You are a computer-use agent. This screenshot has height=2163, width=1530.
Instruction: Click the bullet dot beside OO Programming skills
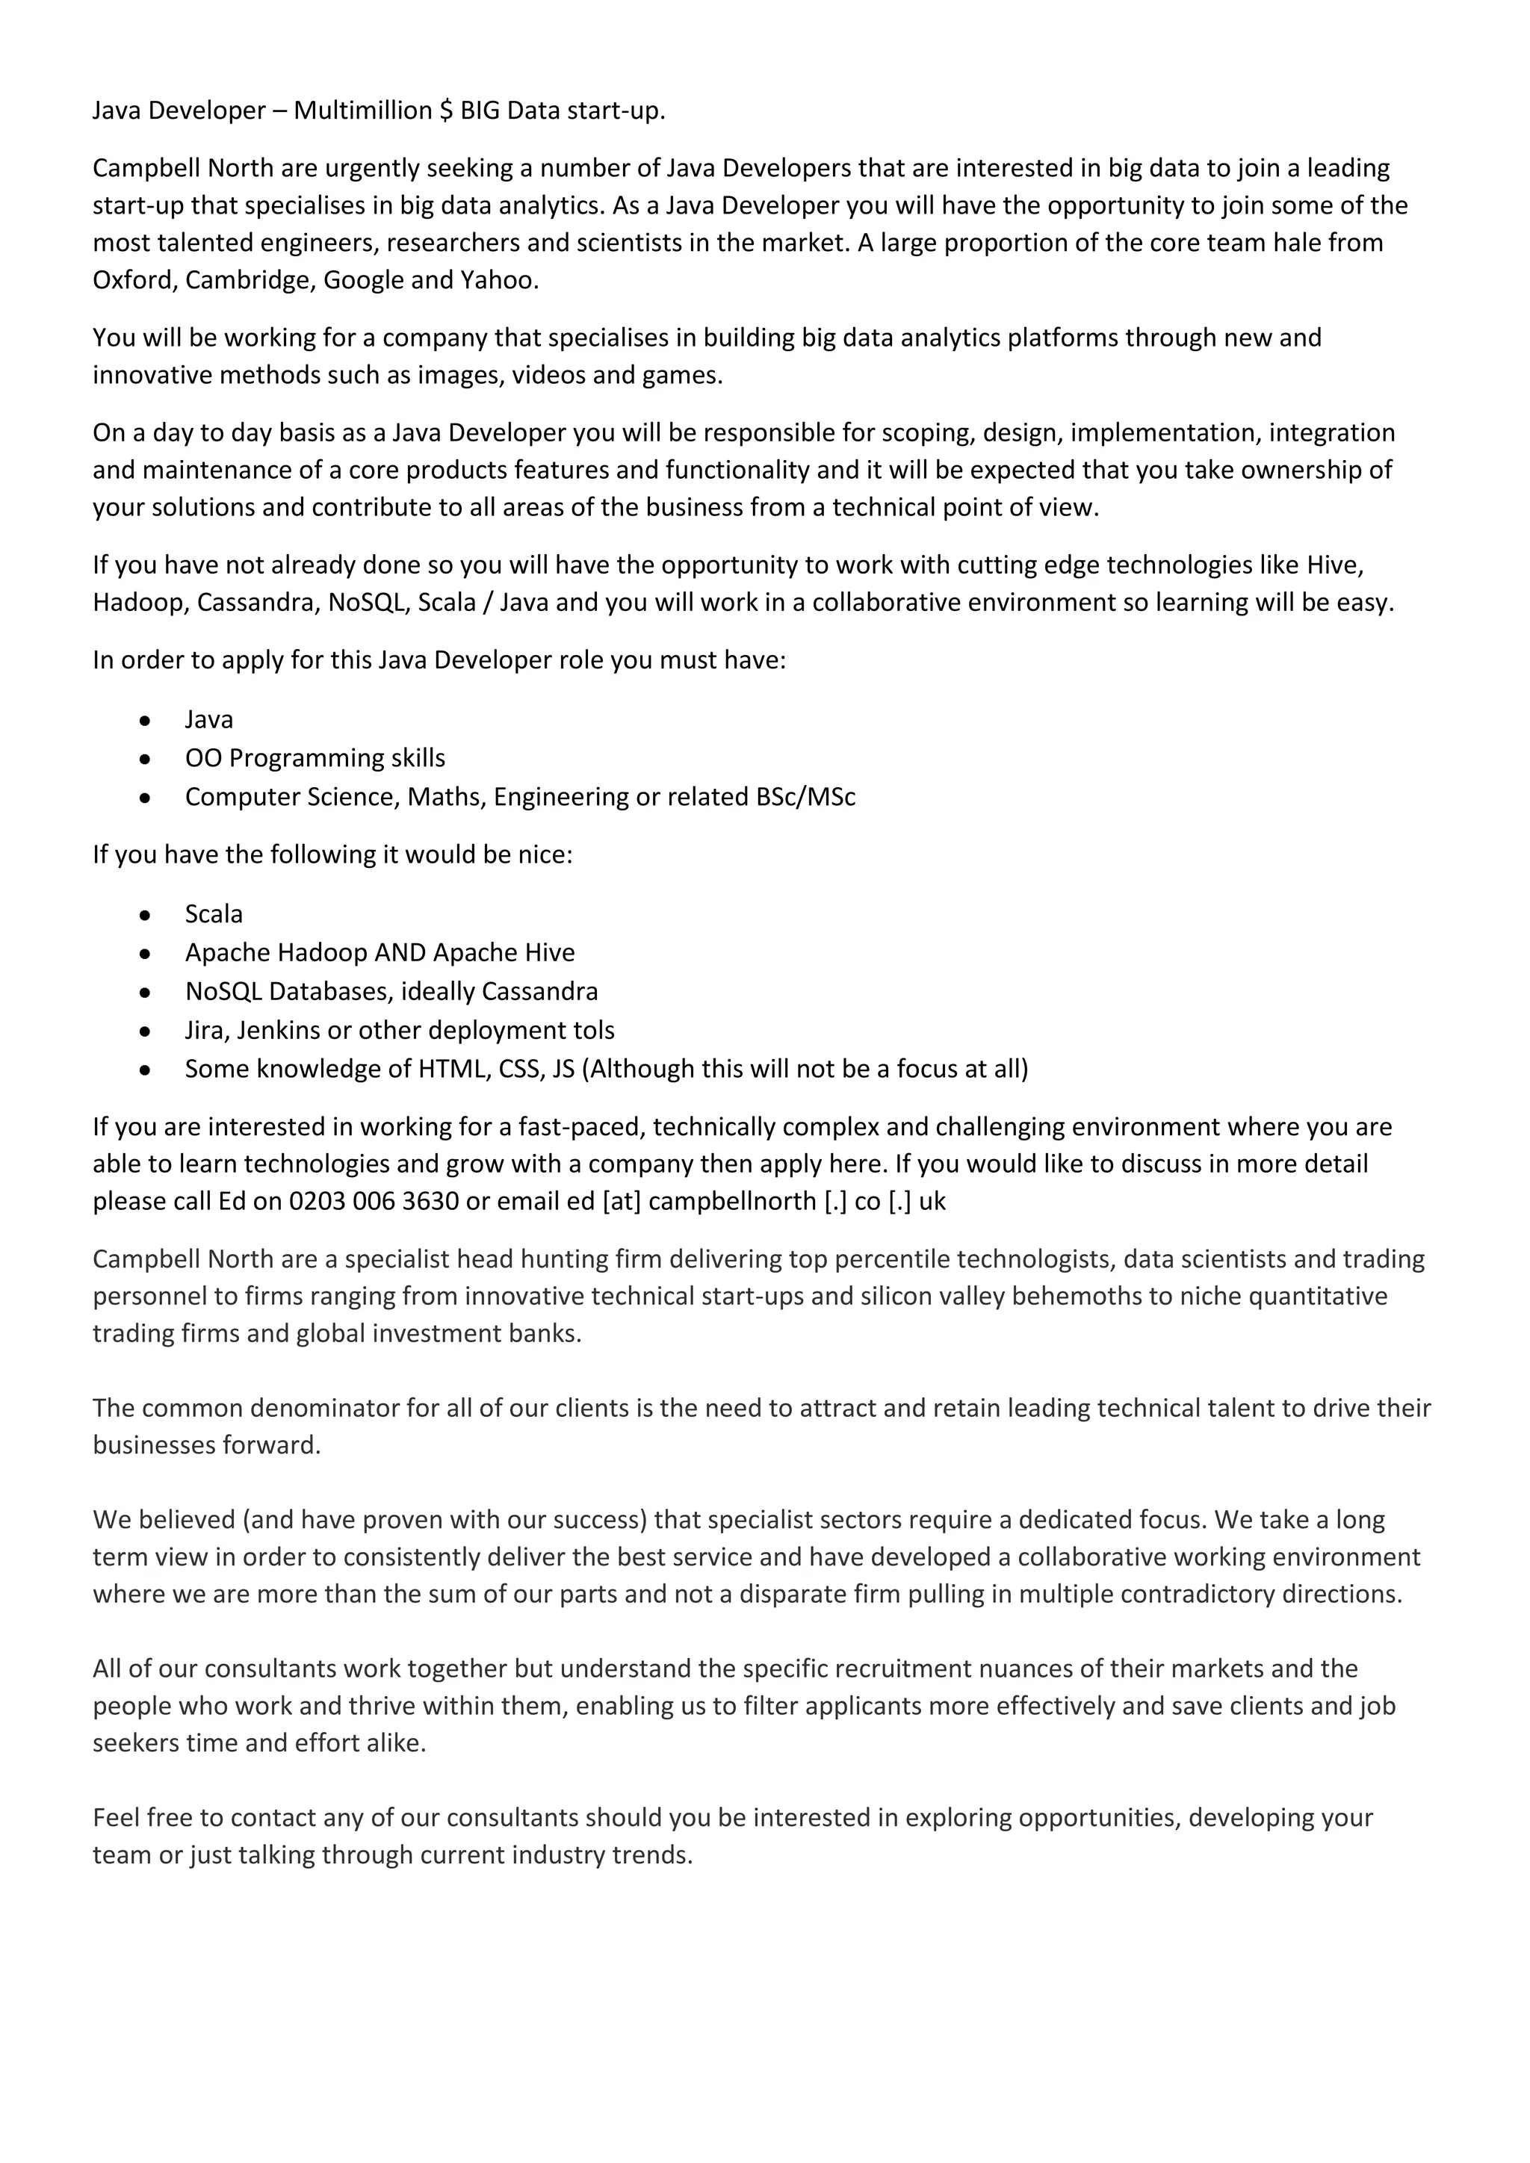144,758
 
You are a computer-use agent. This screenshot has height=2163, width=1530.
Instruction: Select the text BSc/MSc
805,797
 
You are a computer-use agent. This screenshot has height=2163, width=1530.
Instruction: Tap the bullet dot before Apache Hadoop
144,953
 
